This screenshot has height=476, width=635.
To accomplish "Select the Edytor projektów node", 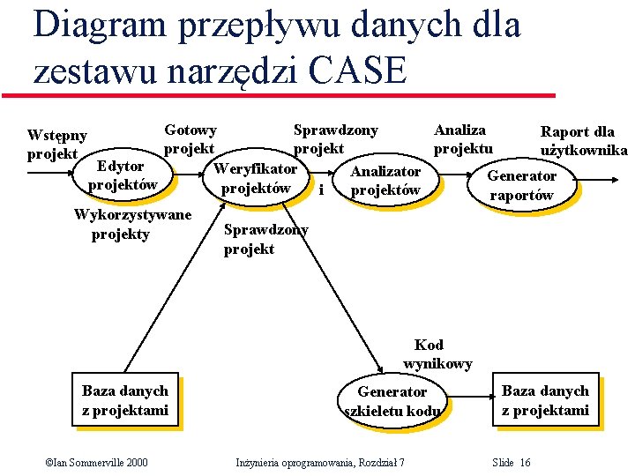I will click(x=122, y=175).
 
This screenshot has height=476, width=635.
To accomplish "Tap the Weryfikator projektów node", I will click(x=256, y=178).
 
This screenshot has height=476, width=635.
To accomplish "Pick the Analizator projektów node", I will click(x=385, y=181).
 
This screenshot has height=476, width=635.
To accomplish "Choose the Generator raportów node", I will click(x=522, y=185).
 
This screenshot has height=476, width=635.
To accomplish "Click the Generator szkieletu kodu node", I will click(x=392, y=401).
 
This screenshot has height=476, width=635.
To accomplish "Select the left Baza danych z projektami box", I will click(x=125, y=400).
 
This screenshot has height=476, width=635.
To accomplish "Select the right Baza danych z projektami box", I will click(x=545, y=400).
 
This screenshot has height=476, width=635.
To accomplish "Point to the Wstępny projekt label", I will click(x=57, y=145).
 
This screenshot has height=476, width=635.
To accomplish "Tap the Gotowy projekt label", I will click(x=190, y=139).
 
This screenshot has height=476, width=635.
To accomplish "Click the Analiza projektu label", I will click(x=462, y=139).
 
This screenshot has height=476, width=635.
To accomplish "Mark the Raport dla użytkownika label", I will click(x=582, y=141).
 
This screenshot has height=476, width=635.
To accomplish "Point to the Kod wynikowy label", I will click(x=437, y=353).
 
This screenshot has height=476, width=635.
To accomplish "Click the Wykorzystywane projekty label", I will click(x=132, y=224).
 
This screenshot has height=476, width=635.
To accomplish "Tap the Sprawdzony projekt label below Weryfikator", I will click(x=265, y=240).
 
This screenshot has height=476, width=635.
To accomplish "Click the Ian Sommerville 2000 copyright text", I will click(x=97, y=463).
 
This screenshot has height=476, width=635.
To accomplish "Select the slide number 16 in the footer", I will click(x=512, y=463).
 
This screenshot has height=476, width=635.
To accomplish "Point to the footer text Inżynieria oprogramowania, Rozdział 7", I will click(x=321, y=463).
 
